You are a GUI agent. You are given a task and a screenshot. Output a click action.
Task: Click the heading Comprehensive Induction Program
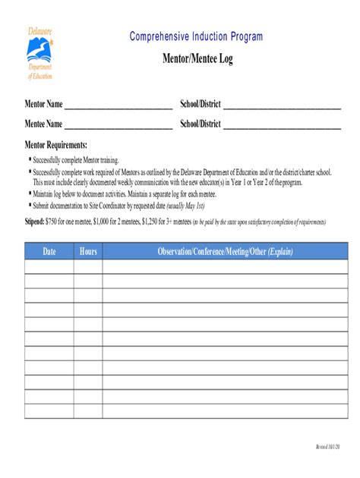tap(196, 36)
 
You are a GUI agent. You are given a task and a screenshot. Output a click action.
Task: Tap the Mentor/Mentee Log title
tap(197, 59)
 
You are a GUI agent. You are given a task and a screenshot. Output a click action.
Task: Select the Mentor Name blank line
tap(118, 105)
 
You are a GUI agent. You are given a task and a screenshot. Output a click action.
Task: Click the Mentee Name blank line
tap(118, 125)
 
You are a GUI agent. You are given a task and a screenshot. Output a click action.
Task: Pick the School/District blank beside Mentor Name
tap(282, 105)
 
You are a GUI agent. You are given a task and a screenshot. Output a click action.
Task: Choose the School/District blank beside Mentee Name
tap(282, 125)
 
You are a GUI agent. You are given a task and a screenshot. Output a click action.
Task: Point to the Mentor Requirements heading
tap(56, 145)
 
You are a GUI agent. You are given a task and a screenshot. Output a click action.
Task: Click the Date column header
tap(49, 251)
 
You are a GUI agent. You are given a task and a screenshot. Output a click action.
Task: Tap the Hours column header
tap(88, 251)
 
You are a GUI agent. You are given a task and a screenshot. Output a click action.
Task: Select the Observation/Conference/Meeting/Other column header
tap(225, 251)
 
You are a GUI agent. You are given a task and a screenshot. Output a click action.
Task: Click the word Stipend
tap(34, 222)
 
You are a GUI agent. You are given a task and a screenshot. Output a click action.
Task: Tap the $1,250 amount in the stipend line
tap(144, 222)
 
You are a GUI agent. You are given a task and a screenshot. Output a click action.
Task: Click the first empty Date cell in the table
tap(49, 266)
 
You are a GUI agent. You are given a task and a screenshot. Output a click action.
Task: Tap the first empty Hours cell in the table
tap(88, 266)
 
